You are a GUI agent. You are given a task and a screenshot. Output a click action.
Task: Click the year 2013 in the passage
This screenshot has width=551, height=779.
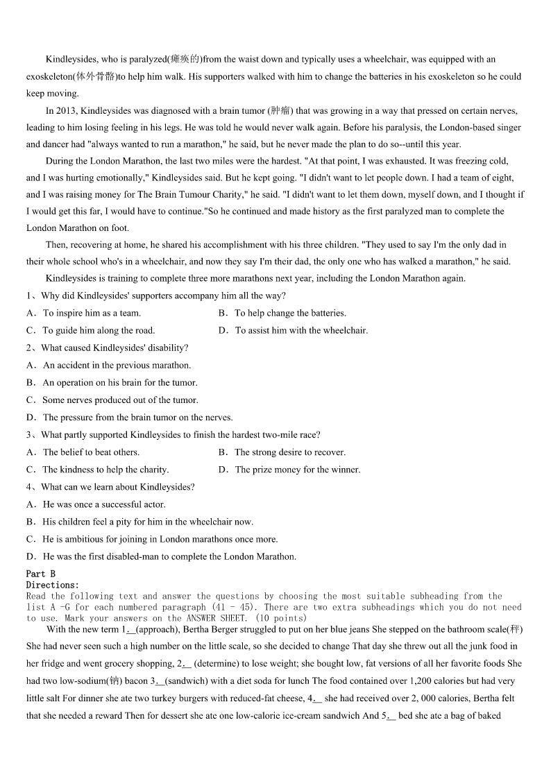(x=67, y=110)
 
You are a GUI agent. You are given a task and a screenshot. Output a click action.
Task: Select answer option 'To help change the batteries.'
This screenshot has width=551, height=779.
(x=290, y=313)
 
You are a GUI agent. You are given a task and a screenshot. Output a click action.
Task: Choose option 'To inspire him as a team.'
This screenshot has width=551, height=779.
(x=92, y=313)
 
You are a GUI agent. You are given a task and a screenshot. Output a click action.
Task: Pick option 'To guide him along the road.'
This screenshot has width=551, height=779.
(x=99, y=330)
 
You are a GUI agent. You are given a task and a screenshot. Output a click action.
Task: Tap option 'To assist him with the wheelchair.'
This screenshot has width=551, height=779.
(x=301, y=330)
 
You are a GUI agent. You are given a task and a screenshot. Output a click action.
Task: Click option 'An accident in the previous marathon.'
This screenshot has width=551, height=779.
(x=117, y=365)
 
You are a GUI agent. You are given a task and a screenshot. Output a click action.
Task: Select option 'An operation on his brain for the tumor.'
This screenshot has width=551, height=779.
(x=120, y=382)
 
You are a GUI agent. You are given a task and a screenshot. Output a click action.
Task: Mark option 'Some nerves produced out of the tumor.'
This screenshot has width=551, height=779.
(x=120, y=400)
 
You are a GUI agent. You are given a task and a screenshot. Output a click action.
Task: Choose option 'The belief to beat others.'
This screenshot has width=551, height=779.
(x=91, y=452)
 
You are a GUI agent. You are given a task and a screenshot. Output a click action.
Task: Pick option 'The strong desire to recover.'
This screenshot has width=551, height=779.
(x=290, y=452)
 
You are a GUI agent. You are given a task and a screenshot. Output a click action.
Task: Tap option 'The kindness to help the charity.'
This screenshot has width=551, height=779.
(x=105, y=469)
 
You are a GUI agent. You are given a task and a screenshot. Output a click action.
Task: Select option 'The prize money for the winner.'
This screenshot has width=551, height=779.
(x=298, y=469)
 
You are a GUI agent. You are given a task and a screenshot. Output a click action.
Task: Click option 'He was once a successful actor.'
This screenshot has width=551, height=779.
(x=104, y=504)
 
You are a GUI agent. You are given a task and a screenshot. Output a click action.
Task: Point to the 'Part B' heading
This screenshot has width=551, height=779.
(x=40, y=574)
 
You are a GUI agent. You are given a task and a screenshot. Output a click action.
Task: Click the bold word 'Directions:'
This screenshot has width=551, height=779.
(x=53, y=585)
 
